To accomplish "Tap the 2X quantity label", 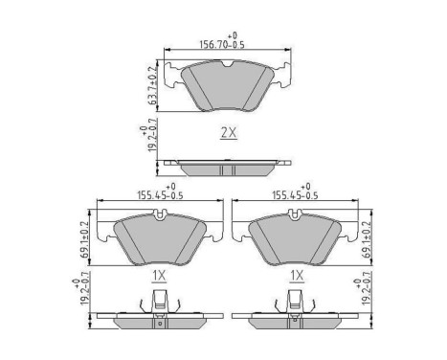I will point(228,135).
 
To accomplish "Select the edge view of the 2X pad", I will point(227,169).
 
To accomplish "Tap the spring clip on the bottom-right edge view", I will point(295,305).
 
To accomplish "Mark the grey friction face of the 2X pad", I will point(227,88).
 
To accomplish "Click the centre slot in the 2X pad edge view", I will point(227,169).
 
